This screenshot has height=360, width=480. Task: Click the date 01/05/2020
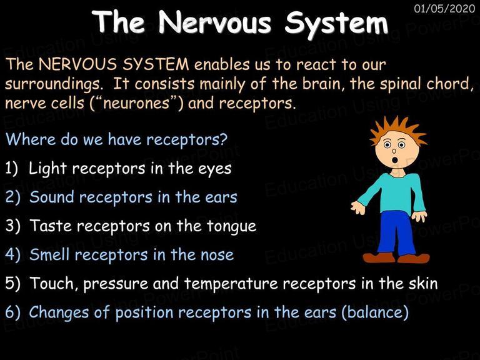(444, 8)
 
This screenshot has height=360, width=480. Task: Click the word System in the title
(336, 24)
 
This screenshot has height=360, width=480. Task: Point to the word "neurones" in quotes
(136, 103)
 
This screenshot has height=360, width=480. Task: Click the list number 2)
(13, 197)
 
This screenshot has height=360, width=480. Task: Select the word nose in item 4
(217, 255)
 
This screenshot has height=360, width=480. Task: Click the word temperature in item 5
(231, 284)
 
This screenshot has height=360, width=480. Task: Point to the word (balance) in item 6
(375, 312)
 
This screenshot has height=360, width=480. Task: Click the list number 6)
(13, 312)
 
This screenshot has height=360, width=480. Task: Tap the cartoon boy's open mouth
(395, 159)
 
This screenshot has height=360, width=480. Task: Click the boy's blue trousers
(396, 232)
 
